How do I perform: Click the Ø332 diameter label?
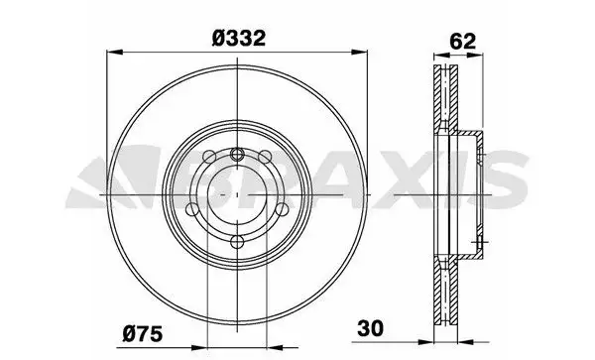tap(238, 39)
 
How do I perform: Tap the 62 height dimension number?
tap(462, 42)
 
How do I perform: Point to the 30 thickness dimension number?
tap(370, 328)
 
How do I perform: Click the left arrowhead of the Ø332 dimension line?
tap(115, 52)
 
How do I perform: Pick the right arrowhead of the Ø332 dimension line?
tap(359, 52)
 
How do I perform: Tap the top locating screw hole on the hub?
tap(237, 154)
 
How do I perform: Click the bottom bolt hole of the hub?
tap(237, 241)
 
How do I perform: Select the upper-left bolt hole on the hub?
tap(209, 157)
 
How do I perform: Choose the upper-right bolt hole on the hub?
tap(265, 157)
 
